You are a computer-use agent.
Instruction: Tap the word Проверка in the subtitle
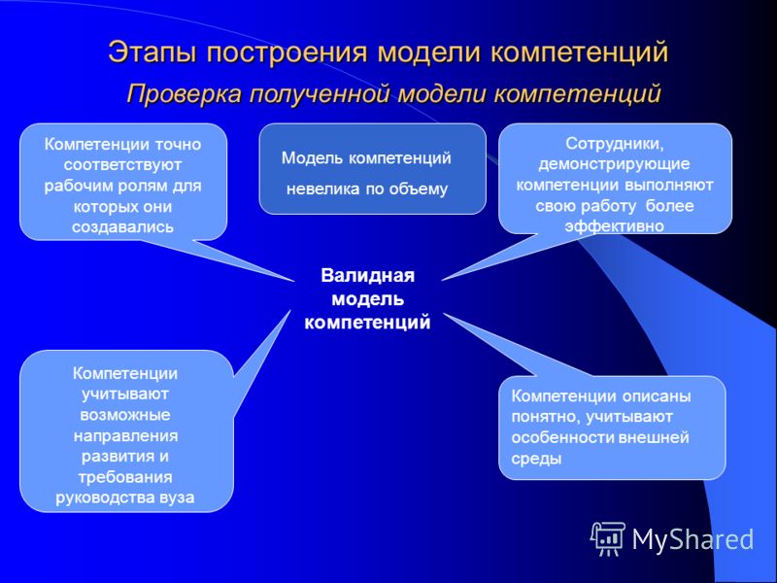(185, 93)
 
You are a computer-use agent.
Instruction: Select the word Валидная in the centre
(367, 275)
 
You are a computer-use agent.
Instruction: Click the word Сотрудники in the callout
(615, 144)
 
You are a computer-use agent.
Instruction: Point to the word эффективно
(615, 226)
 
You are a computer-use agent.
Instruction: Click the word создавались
(123, 227)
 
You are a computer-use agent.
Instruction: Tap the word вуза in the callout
(178, 497)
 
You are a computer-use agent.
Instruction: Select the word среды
(536, 459)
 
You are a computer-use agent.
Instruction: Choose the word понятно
(545, 417)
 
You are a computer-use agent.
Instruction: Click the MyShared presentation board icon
(608, 539)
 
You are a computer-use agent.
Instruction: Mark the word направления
(125, 435)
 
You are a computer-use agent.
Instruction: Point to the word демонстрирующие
(614, 164)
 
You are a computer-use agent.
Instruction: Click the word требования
(125, 477)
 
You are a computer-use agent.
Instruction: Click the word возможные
(125, 415)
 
